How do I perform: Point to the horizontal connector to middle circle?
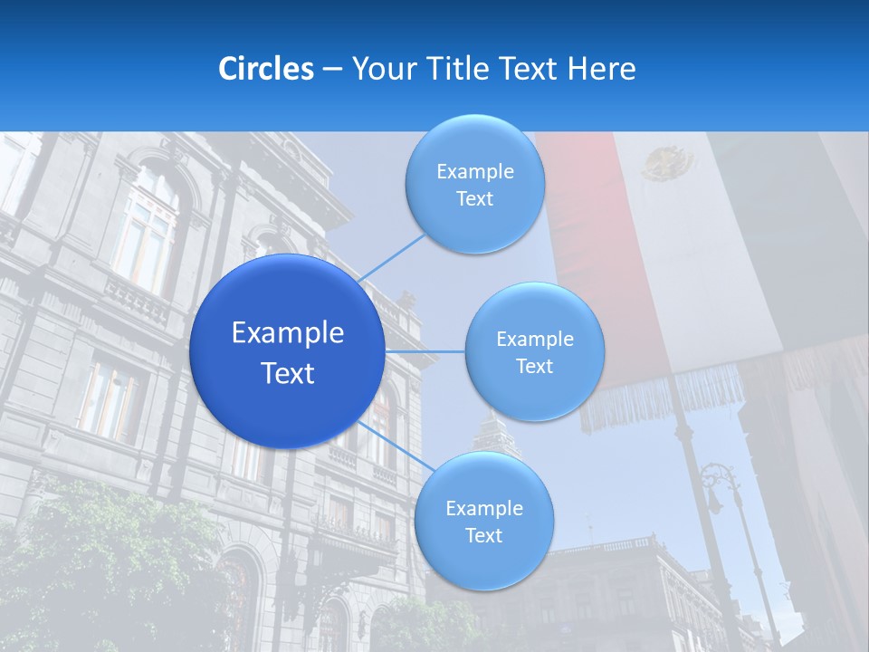point(425,351)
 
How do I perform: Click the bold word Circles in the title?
point(266,69)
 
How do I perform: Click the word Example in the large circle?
point(288,333)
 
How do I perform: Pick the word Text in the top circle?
point(474,199)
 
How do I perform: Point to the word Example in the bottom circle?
point(483,508)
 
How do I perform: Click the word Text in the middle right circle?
point(534,367)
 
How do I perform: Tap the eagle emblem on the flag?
point(668,164)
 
